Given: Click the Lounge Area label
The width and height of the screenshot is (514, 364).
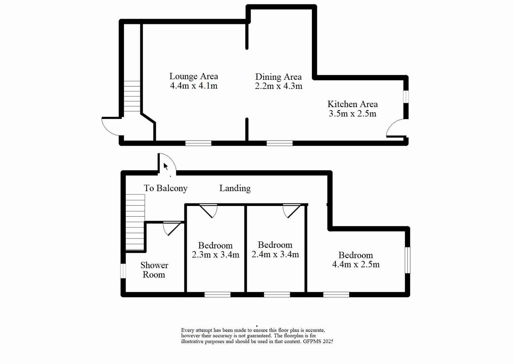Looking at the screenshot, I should point(193,76).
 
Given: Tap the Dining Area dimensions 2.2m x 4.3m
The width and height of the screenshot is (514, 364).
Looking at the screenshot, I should point(278,86).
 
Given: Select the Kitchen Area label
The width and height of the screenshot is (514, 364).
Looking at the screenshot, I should point(352,104).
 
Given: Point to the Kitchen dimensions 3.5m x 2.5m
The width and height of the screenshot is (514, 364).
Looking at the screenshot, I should point(352,114).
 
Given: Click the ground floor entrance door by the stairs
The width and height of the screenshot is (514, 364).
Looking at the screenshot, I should point(111,127).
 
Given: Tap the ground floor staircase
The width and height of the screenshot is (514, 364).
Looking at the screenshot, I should point(132,96).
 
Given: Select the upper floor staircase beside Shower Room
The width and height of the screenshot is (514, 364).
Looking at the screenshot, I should point(135,222).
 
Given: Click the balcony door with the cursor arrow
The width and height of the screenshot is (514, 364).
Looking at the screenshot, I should point(167,164).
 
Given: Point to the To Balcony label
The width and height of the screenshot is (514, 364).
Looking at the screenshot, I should point(165,188).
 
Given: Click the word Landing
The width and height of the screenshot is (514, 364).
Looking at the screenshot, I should point(235,188).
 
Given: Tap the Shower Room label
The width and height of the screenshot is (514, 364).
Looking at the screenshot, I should point(154,270).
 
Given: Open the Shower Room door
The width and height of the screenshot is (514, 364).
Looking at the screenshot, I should point(172,228).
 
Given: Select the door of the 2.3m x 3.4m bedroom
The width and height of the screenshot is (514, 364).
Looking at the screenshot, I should point(208,211).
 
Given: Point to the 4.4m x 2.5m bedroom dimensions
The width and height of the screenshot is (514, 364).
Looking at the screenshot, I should point(356,265).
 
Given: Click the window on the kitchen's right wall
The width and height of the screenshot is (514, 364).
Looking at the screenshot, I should point(406,96).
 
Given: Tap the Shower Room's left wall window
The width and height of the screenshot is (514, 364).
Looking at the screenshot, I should point(123,271).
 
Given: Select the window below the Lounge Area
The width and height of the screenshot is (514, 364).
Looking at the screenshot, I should point(198,143).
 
